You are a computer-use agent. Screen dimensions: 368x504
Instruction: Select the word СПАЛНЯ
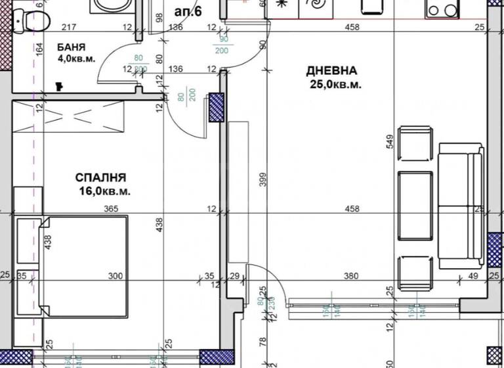100,177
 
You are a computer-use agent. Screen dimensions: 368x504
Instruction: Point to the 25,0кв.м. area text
336,84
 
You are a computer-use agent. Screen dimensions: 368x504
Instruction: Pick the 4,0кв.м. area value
76,58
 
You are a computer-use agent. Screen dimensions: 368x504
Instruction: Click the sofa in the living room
460,206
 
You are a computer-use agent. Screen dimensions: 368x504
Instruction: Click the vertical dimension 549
391,141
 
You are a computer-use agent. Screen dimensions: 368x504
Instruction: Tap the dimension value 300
115,277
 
